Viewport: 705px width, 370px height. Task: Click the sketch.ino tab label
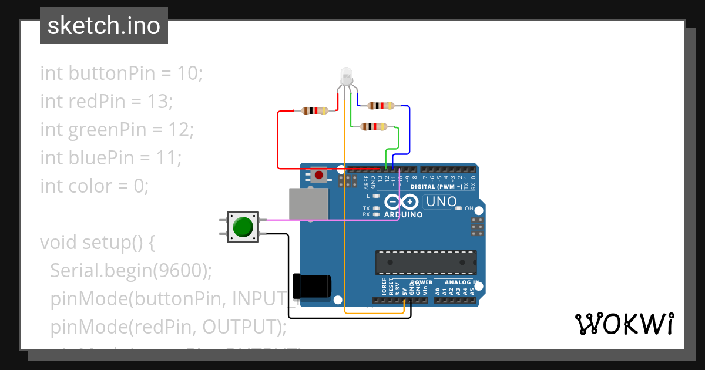tap(103, 26)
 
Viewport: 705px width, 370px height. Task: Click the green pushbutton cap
tap(243, 227)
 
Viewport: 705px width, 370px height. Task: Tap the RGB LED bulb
tap(347, 76)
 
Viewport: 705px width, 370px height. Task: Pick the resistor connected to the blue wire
tap(381, 106)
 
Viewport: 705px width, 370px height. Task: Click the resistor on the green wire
tap(374, 126)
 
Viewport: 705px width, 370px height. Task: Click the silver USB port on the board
tap(308, 204)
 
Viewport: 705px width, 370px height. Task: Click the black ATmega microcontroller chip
tap(426, 262)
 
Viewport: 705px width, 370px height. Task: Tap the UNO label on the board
tap(441, 201)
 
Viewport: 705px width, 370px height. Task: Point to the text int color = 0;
tap(94, 186)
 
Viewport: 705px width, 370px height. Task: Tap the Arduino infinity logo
tap(402, 203)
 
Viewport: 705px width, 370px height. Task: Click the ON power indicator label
tap(469, 208)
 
